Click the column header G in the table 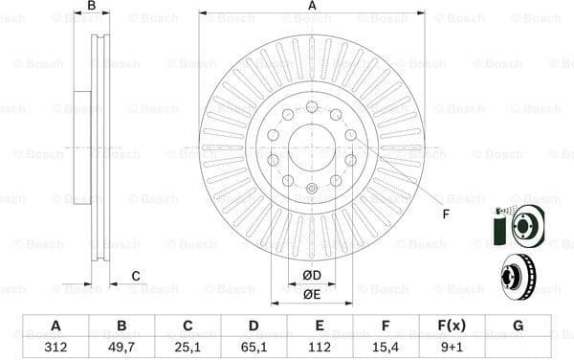pyautogui.click(x=518, y=326)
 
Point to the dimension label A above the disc pyautogui.click(x=312, y=7)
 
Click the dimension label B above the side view pyautogui.click(x=92, y=7)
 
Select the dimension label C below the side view pyautogui.click(x=136, y=277)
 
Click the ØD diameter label pyautogui.click(x=312, y=277)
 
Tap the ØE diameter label pyautogui.click(x=312, y=295)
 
